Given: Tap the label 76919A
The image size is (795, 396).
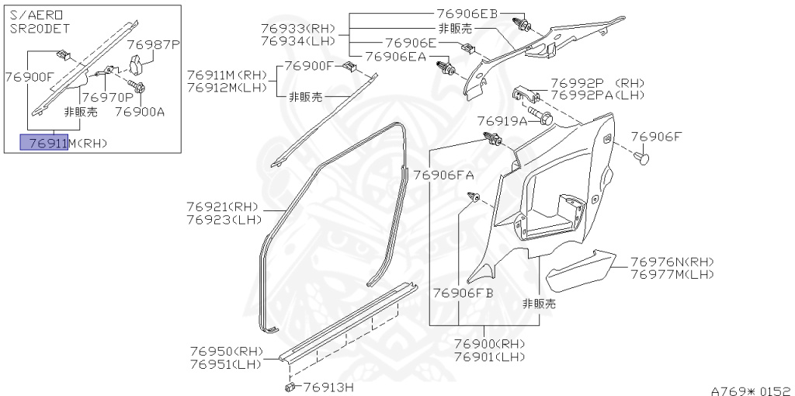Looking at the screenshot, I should click(x=502, y=121).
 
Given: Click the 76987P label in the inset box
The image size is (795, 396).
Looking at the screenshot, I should click(x=153, y=45).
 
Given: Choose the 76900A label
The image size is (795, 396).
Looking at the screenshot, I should click(x=140, y=112).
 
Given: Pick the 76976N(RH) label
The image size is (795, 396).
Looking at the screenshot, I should click(x=672, y=262).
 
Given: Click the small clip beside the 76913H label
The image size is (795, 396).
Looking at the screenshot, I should click(x=289, y=385).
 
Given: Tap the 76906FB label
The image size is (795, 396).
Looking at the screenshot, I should click(x=463, y=293).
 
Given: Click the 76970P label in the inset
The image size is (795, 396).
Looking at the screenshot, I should click(x=107, y=98).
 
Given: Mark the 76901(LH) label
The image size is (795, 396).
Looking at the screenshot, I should click(x=490, y=356).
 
